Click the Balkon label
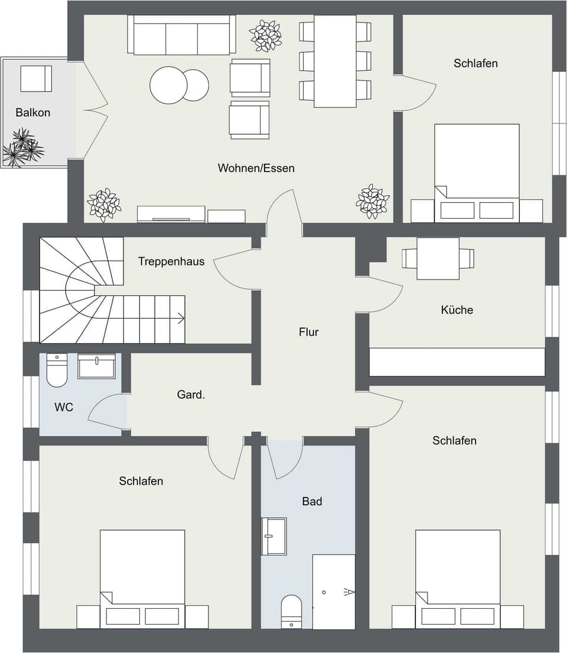tap(33, 112)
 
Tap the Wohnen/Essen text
tap(256, 168)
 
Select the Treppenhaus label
tap(171, 261)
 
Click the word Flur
tap(308, 332)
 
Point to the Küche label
tap(457, 310)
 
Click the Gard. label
tap(191, 395)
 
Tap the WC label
tap(64, 407)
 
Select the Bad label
tap(312, 501)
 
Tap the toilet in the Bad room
tap(291, 611)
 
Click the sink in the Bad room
tap(274, 537)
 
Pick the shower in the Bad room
tap(334, 592)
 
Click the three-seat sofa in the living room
tap(182, 35)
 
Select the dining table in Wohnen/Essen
tap(335, 61)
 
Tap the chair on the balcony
tap(36, 79)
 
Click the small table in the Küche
tap(438, 258)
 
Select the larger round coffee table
tap(168, 85)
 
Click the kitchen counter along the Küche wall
tap(457, 362)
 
